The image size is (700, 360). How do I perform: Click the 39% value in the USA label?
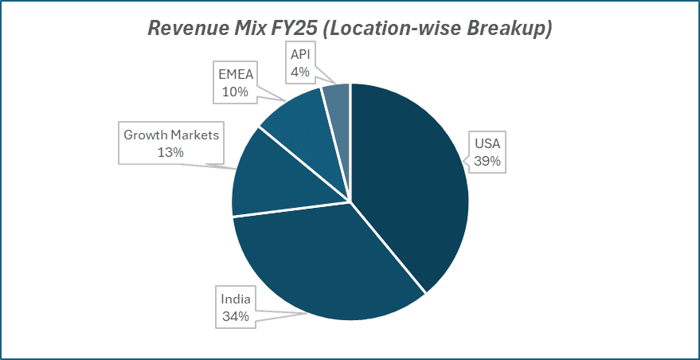point(487,161)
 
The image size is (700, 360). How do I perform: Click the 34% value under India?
point(236,316)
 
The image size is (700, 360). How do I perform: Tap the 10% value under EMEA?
point(235,92)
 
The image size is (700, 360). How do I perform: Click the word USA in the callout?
point(487,145)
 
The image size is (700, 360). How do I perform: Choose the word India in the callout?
point(236,299)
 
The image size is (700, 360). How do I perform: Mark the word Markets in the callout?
point(194,135)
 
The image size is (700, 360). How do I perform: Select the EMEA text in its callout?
point(235,76)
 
